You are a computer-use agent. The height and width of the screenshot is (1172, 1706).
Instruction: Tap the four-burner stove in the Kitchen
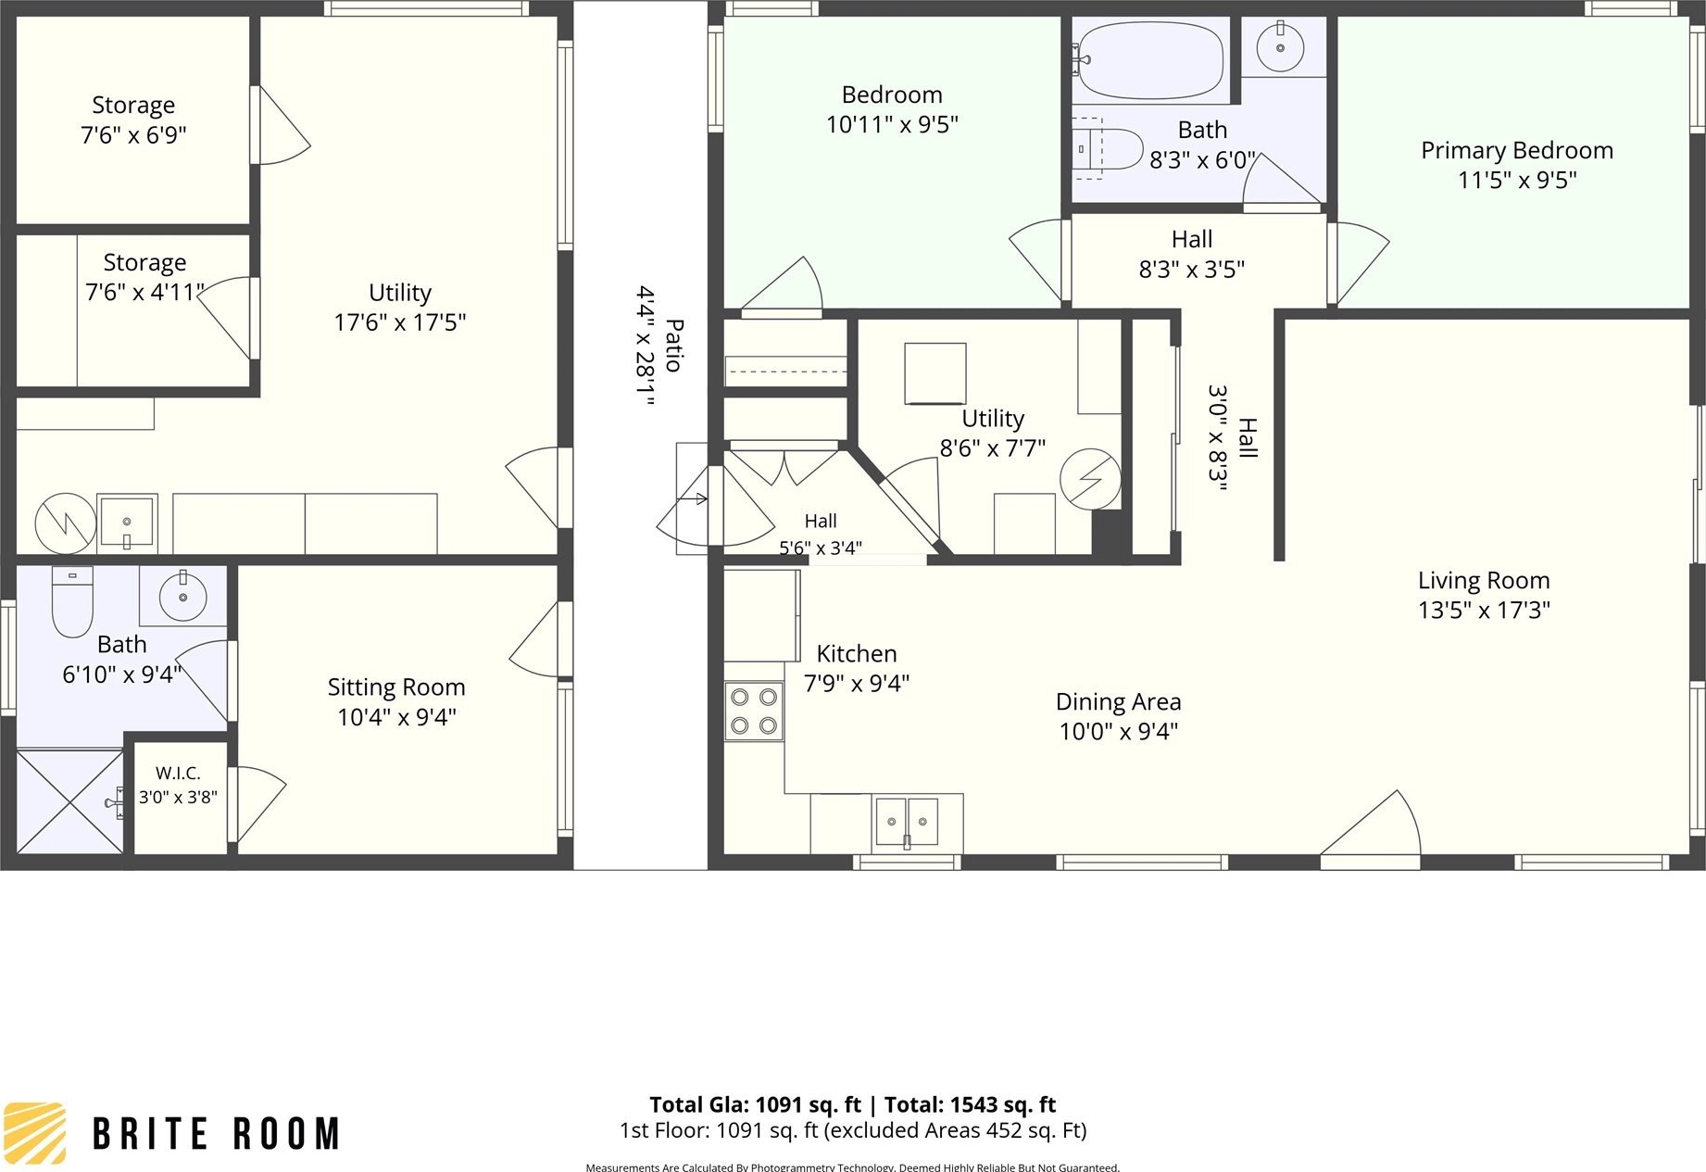(x=754, y=711)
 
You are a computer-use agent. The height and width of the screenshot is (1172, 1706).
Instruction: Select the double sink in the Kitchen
(x=907, y=822)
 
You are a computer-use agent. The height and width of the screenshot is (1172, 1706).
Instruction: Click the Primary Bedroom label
(x=1517, y=150)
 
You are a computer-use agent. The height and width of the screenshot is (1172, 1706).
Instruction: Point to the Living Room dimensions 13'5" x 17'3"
(x=1484, y=610)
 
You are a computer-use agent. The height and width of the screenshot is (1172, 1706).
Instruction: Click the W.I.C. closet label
(x=178, y=773)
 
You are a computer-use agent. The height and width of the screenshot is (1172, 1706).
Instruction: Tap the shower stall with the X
(x=70, y=800)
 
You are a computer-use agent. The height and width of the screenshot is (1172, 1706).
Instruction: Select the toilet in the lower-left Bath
(x=72, y=601)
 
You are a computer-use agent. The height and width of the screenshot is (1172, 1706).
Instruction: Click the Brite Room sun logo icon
(x=34, y=1132)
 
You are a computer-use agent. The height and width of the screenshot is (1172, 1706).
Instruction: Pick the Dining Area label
(x=1118, y=701)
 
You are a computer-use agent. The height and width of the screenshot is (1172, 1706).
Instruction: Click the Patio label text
(x=674, y=346)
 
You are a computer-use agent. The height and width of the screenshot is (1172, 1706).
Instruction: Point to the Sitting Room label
(x=396, y=687)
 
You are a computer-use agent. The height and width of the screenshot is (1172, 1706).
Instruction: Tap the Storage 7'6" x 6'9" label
(x=133, y=120)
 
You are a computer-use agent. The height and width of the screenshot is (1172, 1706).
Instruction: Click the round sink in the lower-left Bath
(x=182, y=597)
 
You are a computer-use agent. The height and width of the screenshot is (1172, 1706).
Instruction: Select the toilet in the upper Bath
(x=1108, y=148)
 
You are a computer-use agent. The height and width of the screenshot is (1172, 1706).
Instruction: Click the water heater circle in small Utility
(x=1090, y=479)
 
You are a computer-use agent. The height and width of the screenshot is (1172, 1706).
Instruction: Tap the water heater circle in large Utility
(x=66, y=523)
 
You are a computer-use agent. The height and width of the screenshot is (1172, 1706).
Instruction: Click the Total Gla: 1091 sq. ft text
(x=755, y=1104)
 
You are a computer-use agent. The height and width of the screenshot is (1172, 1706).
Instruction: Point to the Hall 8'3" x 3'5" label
(x=1191, y=254)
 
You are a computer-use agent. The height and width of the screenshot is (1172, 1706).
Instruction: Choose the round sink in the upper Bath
(x=1280, y=46)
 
